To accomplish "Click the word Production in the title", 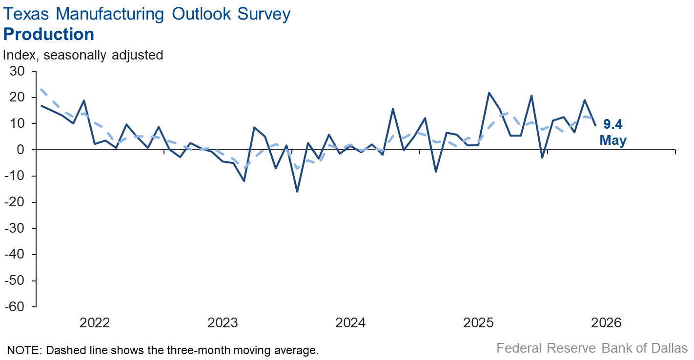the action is pos(49,34).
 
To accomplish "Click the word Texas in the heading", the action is pos(26,14).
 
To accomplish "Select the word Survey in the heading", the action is pos(264,15).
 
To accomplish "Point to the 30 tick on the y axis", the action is pos(18,71).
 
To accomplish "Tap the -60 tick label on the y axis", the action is pos(15,306).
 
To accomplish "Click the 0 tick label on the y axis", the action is pos(20,150).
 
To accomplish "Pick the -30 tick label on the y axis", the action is pos(15,228).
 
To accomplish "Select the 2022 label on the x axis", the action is pos(95,323).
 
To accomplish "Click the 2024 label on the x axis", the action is pos(350,323).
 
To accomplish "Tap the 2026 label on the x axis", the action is pos(606,323).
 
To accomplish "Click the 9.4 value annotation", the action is pos(613,124).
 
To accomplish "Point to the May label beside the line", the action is pos(613,140).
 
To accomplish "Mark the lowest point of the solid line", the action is pos(297,192).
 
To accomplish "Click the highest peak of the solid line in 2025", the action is pos(489,93).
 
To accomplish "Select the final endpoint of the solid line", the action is pos(595,125).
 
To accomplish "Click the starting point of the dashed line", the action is pos(41,89).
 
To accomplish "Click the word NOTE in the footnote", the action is pos(24,350).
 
